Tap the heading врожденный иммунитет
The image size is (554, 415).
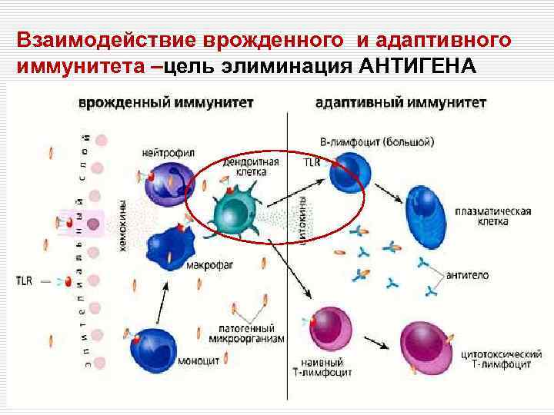click(166, 102)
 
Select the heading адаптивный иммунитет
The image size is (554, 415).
click(401, 102)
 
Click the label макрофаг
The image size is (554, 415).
click(206, 267)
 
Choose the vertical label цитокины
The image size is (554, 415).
click(302, 217)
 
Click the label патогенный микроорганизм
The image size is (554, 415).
click(244, 334)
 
